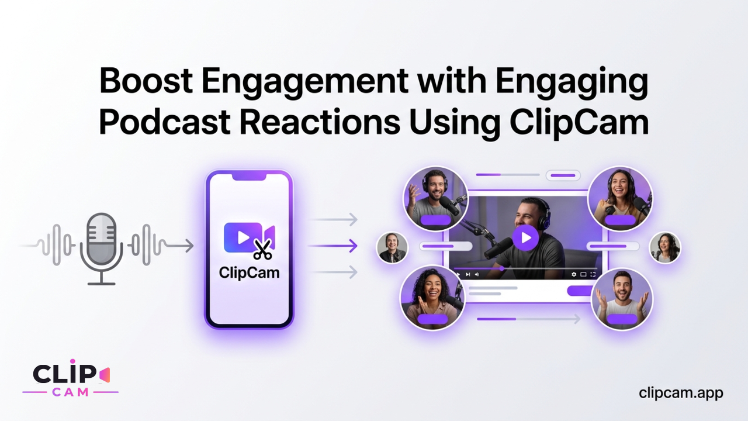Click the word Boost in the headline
coord(146,81)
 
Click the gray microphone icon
coord(102,249)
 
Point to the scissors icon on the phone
coord(262,249)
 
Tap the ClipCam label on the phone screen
coord(249,273)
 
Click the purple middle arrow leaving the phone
coord(333,246)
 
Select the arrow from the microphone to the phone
coord(179,246)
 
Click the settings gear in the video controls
coord(574,274)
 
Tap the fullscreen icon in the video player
coord(593,274)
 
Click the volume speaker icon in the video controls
coord(477,274)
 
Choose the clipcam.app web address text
coord(681,394)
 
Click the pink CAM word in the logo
coord(71,392)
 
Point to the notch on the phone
coord(249,177)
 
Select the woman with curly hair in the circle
coord(432,298)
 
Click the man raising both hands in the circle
coord(622,299)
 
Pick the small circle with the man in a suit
coord(392,247)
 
